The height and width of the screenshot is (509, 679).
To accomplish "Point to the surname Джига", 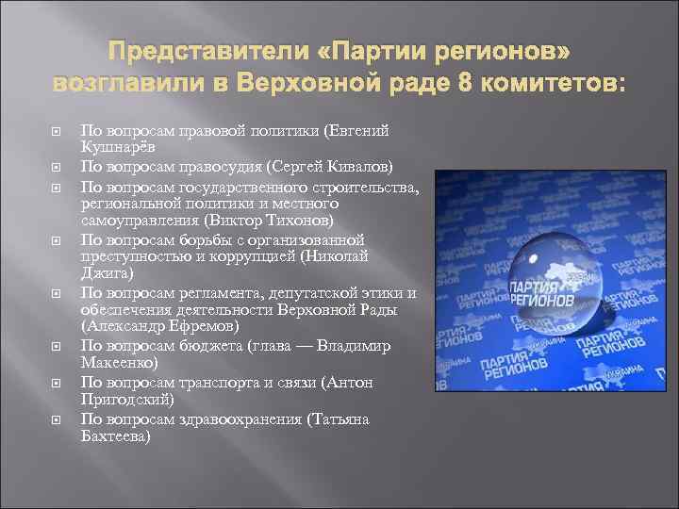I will pos(106,274).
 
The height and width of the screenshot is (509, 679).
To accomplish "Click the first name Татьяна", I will pos(342,419).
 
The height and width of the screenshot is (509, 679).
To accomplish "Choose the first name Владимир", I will pos(354,347).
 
